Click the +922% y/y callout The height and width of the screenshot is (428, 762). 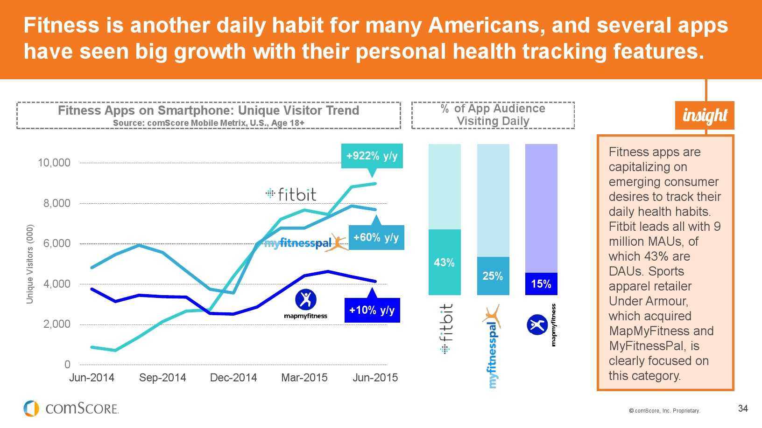(372, 156)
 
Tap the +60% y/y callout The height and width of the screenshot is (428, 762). (376, 237)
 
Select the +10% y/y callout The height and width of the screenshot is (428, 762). (372, 310)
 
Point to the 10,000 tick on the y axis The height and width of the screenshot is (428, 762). (54, 163)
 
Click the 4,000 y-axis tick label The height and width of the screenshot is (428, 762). (57, 284)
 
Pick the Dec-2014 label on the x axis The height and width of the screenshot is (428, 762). (233, 378)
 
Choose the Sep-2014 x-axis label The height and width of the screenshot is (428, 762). (162, 378)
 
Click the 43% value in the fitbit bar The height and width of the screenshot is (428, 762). (444, 262)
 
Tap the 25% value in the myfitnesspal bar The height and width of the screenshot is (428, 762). (493, 276)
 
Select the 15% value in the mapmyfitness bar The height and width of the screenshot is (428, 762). (541, 284)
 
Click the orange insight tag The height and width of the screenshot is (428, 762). (705, 115)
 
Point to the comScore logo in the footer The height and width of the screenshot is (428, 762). (71, 408)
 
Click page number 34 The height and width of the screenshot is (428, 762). (743, 408)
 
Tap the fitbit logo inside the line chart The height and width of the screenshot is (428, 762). (291, 194)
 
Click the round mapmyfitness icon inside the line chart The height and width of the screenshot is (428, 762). (306, 299)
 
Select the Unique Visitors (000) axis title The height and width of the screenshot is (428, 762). (30, 264)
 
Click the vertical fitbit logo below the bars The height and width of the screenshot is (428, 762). (446, 329)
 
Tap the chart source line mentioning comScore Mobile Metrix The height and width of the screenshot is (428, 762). (209, 123)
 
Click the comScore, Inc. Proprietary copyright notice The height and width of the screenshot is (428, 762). (664, 411)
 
